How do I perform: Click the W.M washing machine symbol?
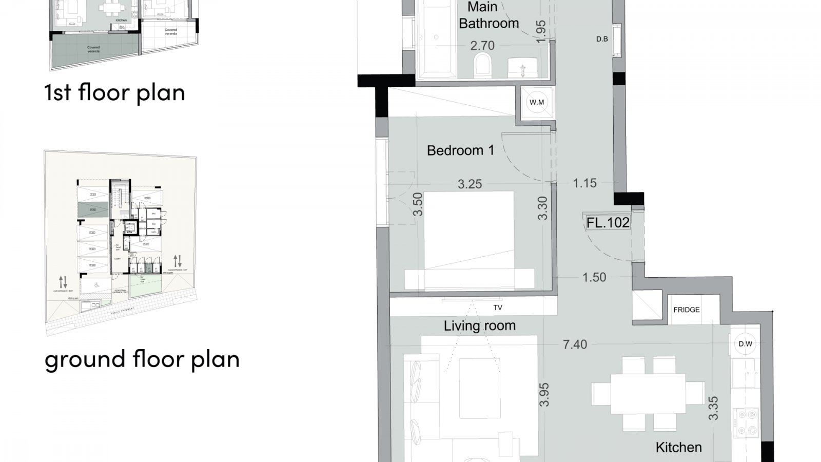coord(537,102)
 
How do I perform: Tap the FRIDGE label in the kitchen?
coord(686,310)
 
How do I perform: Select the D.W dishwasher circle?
coord(745,344)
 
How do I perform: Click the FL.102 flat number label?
coord(608,223)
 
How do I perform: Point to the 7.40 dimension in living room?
coord(575,344)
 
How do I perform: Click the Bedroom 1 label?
coord(460,150)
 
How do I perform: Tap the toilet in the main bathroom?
coord(483,66)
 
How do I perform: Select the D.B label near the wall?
coord(602,39)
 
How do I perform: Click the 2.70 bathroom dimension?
coord(482,46)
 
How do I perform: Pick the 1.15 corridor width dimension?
coord(584,183)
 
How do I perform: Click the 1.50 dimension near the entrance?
coord(594,278)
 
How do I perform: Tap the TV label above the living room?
coord(497,308)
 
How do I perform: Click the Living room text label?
coord(479,325)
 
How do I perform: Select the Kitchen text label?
coord(678,447)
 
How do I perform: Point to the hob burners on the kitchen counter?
coord(745,422)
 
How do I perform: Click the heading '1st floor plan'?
coord(114,92)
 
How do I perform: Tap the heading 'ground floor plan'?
coord(142,359)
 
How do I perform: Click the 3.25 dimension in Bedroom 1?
coord(470,184)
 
